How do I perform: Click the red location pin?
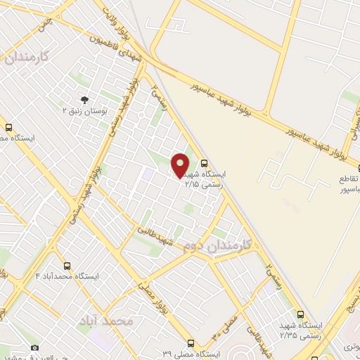pyautogui.click(x=180, y=166)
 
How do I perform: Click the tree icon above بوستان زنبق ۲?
pyautogui.click(x=84, y=101)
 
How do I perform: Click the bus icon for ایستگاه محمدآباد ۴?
pyautogui.click(x=67, y=266)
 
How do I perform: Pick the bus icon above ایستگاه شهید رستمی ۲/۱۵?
pyautogui.click(x=204, y=162)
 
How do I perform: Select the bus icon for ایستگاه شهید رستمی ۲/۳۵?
pyautogui.click(x=301, y=314)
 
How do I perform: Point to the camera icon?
pyautogui.click(x=35, y=347)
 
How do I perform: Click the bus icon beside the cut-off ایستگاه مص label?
pyautogui.click(x=8, y=127)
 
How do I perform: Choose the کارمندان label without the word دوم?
pyautogui.click(x=27, y=58)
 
